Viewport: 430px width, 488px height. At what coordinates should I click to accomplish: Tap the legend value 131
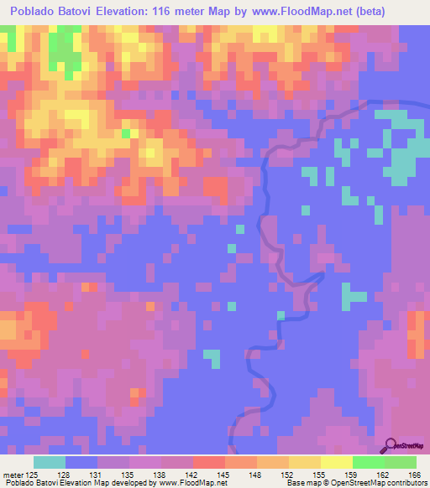[x=105, y=474]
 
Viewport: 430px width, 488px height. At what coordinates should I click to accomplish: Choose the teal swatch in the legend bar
[x=49, y=462]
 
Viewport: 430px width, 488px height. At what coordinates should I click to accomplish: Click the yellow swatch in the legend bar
[x=336, y=462]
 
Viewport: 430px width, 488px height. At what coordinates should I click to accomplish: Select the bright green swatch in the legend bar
[x=368, y=462]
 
